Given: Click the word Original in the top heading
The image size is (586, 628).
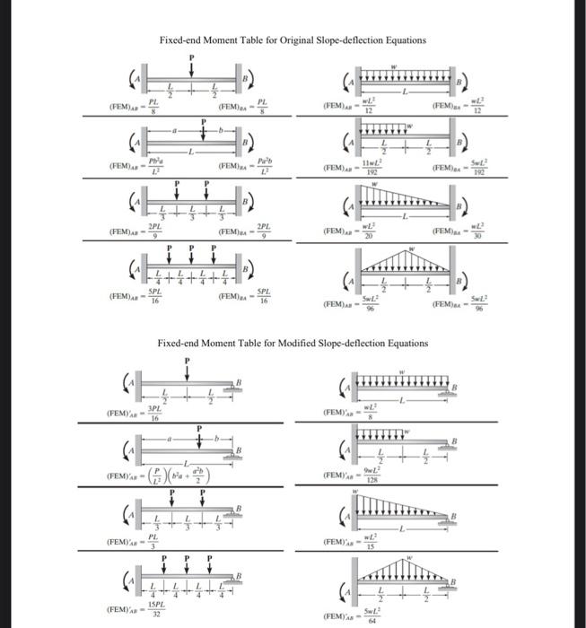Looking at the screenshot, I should pyautogui.click(x=281, y=40).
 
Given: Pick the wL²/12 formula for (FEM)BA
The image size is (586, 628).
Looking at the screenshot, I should pyautogui.click(x=477, y=108).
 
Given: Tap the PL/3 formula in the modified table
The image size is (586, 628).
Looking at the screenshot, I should pyautogui.click(x=153, y=541).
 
